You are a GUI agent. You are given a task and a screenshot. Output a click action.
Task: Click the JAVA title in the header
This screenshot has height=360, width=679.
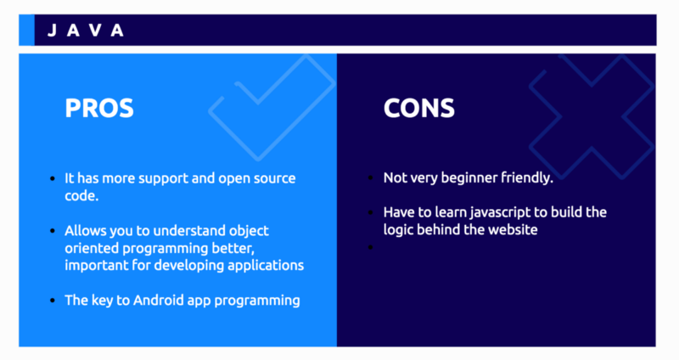tap(86, 31)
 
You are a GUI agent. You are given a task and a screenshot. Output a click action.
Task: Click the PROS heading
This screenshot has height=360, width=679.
tap(99, 109)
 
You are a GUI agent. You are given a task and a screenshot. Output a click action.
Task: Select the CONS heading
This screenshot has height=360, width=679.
tap(418, 109)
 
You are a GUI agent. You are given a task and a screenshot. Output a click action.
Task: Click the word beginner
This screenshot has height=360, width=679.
tap(463, 178)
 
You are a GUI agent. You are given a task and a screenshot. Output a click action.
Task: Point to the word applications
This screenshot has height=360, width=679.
tap(267, 265)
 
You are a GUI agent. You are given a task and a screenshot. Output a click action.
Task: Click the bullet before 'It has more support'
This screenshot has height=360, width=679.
tap(53, 179)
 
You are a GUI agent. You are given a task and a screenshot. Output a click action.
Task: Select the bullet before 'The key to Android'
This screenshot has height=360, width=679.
tap(53, 301)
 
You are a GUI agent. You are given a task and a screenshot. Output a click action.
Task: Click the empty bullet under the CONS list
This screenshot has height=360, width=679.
tap(372, 247)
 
